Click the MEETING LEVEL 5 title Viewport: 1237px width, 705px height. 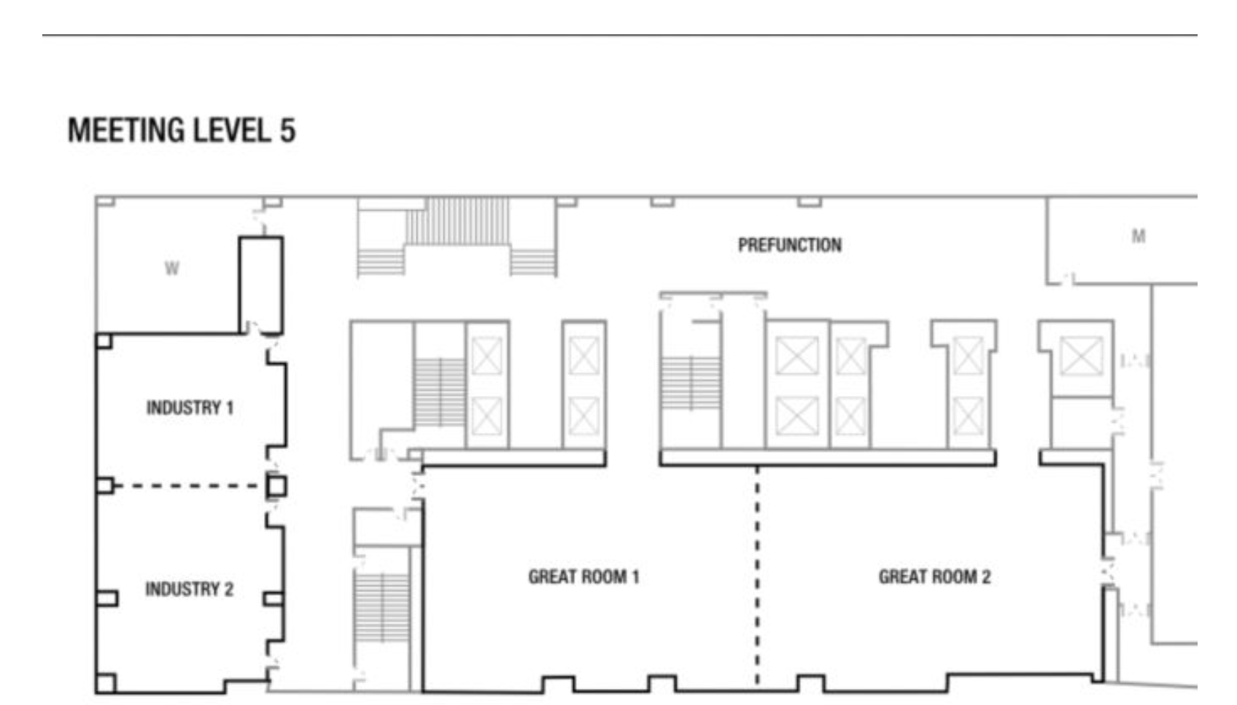(x=182, y=131)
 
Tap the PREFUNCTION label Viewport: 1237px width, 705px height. (x=790, y=245)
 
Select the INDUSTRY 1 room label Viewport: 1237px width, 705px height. (x=190, y=408)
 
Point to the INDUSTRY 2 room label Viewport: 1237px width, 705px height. (x=190, y=589)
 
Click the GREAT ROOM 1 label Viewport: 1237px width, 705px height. (x=583, y=577)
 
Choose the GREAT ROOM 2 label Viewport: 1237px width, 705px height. (x=934, y=577)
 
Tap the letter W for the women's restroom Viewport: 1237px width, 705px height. (x=172, y=269)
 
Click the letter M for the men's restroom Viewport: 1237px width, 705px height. (x=1138, y=236)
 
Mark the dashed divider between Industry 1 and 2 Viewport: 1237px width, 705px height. (x=187, y=486)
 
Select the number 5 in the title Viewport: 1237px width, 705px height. (x=287, y=131)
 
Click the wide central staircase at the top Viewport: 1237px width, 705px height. (x=457, y=236)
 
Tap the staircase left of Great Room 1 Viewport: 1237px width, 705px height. (x=381, y=607)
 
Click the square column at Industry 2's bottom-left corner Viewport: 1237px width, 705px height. (x=106, y=683)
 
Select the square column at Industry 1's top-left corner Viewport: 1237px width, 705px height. (x=104, y=340)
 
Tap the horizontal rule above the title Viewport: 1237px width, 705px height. (x=620, y=36)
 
